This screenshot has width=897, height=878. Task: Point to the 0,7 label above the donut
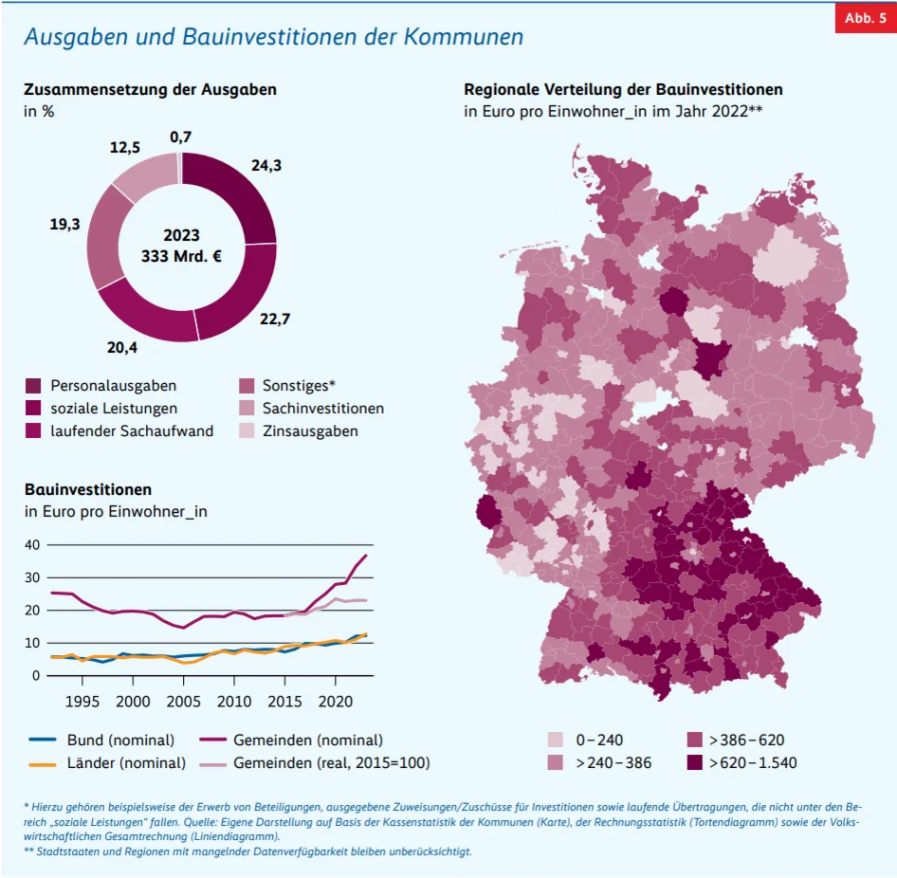click(180, 137)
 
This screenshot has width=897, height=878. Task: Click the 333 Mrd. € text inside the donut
click(180, 257)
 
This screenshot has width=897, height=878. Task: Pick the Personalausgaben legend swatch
click(34, 386)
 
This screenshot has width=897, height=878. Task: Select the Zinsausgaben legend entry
click(310, 430)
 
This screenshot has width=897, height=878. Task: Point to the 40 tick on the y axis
click(33, 544)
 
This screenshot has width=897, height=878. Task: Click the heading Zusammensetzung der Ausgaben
click(151, 89)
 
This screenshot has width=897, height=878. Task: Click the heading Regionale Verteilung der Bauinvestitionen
click(623, 89)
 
